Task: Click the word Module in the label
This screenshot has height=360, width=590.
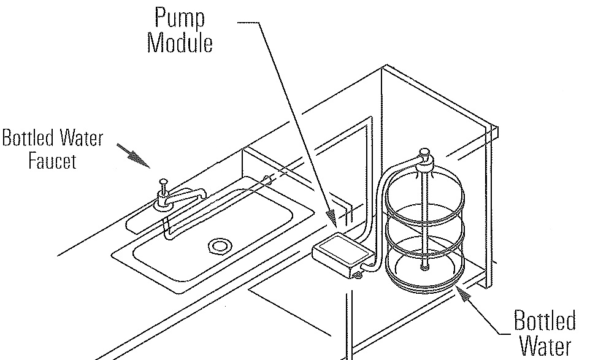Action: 180,44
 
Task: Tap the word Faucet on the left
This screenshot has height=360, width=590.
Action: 52,162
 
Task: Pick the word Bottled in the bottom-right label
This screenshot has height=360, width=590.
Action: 545,321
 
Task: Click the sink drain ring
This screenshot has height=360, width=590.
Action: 217,247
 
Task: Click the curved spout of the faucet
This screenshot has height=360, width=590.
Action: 184,197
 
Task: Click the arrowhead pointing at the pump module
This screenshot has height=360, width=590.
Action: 332,215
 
